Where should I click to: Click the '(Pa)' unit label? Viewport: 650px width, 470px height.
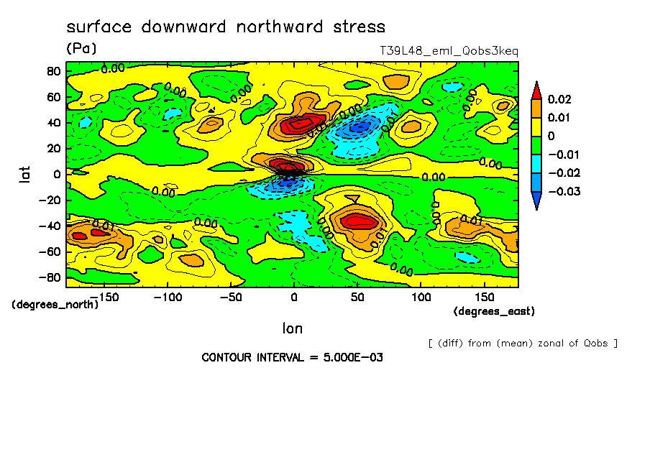(81, 49)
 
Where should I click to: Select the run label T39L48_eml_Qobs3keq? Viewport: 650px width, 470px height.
(449, 51)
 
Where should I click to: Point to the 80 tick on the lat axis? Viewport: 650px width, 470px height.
(52, 70)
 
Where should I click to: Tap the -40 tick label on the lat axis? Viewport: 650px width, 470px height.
(49, 226)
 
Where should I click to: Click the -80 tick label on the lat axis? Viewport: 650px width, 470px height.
(49, 277)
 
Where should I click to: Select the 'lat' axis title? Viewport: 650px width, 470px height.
(23, 173)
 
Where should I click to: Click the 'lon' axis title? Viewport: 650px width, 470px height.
(292, 328)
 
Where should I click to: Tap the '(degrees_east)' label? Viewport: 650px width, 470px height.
(494, 311)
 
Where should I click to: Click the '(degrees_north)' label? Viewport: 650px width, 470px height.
(55, 304)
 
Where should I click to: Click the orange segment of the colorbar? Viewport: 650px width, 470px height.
(536, 108)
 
